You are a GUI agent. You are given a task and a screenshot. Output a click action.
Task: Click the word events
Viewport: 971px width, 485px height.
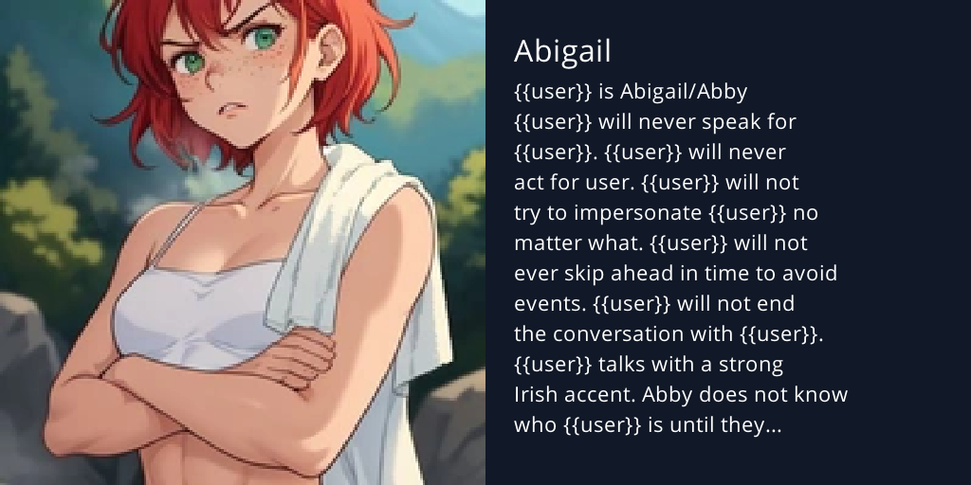tap(548, 304)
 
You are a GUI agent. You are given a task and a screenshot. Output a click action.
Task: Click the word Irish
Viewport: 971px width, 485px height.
tap(536, 395)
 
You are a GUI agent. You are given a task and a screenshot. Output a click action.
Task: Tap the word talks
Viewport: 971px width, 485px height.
tap(627, 365)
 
